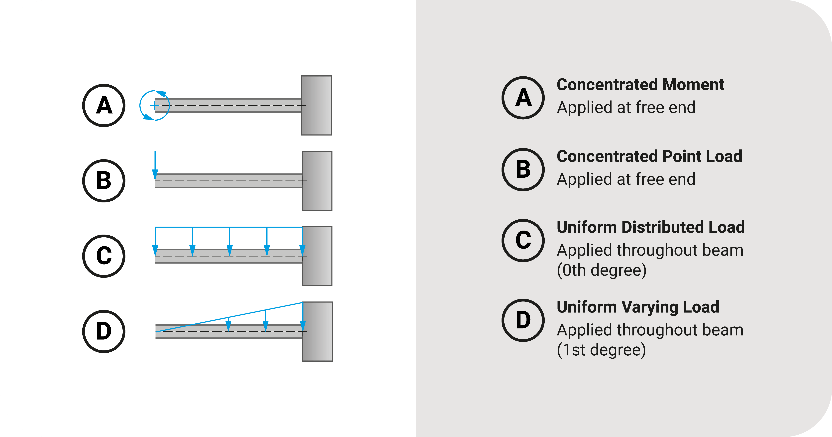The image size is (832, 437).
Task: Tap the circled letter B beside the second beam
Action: click(x=104, y=181)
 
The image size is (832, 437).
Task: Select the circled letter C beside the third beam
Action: click(x=104, y=256)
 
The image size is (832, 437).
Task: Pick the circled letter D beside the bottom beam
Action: click(x=104, y=331)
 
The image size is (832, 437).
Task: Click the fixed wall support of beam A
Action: click(x=316, y=105)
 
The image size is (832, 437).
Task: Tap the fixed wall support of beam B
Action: click(x=317, y=181)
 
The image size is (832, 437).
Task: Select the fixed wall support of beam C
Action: click(x=317, y=256)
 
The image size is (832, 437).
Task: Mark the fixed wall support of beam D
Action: click(x=317, y=331)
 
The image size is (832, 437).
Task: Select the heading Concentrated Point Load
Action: click(x=649, y=156)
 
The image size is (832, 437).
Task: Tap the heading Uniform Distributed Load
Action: click(x=650, y=227)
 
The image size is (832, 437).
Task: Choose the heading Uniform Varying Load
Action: click(x=638, y=307)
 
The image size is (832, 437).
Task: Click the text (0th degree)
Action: click(x=601, y=270)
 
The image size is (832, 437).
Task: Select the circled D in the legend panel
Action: click(x=523, y=320)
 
